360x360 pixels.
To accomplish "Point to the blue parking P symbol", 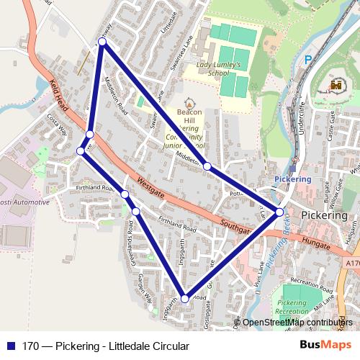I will point(308,60).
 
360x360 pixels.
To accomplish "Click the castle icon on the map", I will point(335,86).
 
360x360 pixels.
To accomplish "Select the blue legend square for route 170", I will point(10,346).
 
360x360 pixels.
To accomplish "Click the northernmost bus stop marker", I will point(102,42).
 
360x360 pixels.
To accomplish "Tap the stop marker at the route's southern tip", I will point(185,298).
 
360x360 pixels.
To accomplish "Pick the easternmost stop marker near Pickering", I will point(279,212).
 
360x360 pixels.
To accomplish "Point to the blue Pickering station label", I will point(293,179).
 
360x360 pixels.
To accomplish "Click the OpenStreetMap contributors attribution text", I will point(297,323).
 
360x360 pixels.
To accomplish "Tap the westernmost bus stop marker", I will point(81,151).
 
